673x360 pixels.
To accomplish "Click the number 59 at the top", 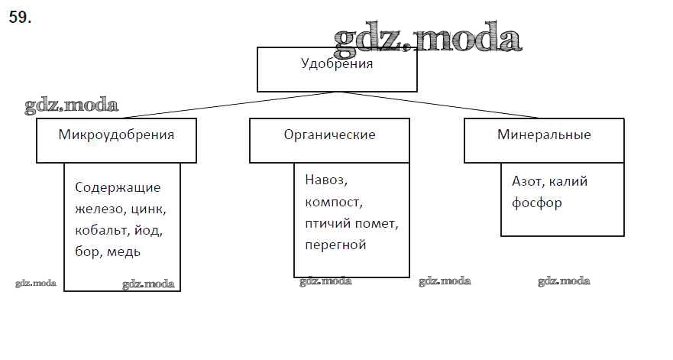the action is [x=20, y=17].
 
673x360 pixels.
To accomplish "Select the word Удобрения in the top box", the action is [x=337, y=63].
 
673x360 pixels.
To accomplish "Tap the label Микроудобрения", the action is [x=116, y=135].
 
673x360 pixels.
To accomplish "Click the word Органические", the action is [x=330, y=135].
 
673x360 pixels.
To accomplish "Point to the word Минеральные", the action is [x=544, y=135].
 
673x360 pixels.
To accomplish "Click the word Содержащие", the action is [x=118, y=188].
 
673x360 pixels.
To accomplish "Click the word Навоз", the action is [x=326, y=180].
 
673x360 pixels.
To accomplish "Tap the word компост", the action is [x=334, y=203].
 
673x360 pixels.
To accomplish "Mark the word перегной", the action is [x=335, y=245].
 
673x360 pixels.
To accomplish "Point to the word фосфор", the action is [x=536, y=203].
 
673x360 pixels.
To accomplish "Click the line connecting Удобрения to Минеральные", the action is [x=438, y=105].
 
